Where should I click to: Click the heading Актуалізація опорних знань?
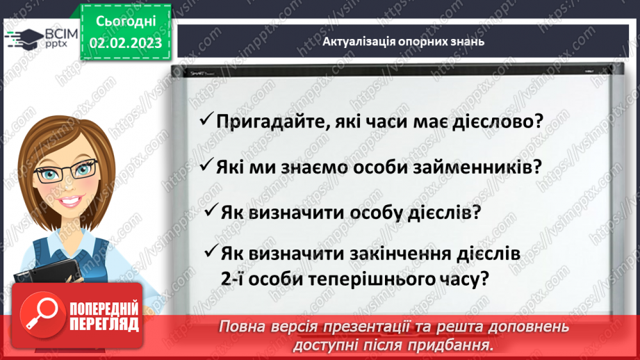pyautogui.click(x=403, y=41)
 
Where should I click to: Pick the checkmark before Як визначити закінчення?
pyautogui.click(x=212, y=252)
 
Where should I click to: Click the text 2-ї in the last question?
pyautogui.click(x=232, y=280)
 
